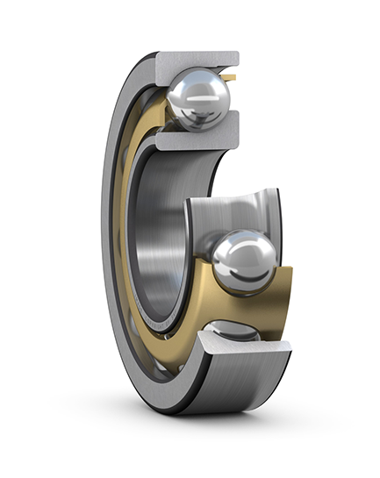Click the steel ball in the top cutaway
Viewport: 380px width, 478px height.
[198, 98]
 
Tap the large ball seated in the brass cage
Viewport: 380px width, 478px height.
[245, 261]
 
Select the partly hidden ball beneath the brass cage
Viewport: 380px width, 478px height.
[233, 332]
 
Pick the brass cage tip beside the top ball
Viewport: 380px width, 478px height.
[230, 80]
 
